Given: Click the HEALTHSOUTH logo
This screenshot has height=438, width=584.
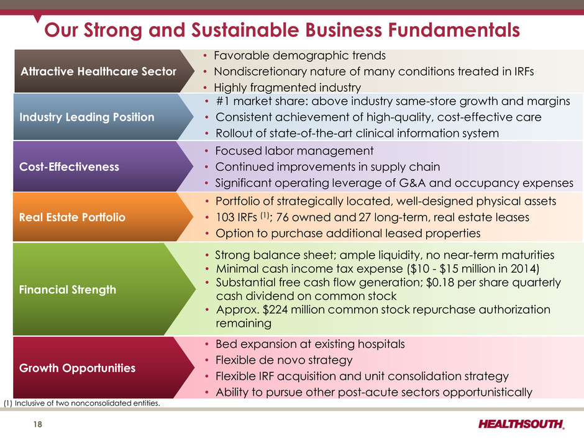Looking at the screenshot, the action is [x=521, y=424].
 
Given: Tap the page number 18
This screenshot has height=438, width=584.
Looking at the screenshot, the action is [x=38, y=424].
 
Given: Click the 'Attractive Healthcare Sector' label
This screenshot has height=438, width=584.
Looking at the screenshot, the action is [x=98, y=71].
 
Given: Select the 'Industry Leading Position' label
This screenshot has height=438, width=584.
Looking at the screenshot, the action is [x=87, y=117].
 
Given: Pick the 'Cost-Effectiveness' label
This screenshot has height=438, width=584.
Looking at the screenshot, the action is [x=70, y=167].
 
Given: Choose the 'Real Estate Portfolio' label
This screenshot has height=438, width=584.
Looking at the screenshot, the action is [x=72, y=217].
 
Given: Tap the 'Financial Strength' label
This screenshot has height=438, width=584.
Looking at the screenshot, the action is [x=68, y=290].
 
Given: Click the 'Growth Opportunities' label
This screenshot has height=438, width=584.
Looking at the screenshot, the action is [x=78, y=368].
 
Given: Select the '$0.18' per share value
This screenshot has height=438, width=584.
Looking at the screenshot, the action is [x=440, y=282].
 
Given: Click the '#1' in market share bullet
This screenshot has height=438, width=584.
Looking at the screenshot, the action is [x=222, y=101].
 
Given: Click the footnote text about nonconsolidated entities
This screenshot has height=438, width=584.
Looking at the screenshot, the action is [x=81, y=403].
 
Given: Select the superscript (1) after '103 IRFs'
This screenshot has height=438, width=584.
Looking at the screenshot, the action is [x=265, y=215].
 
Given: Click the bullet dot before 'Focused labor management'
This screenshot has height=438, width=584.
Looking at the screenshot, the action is [x=207, y=151].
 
